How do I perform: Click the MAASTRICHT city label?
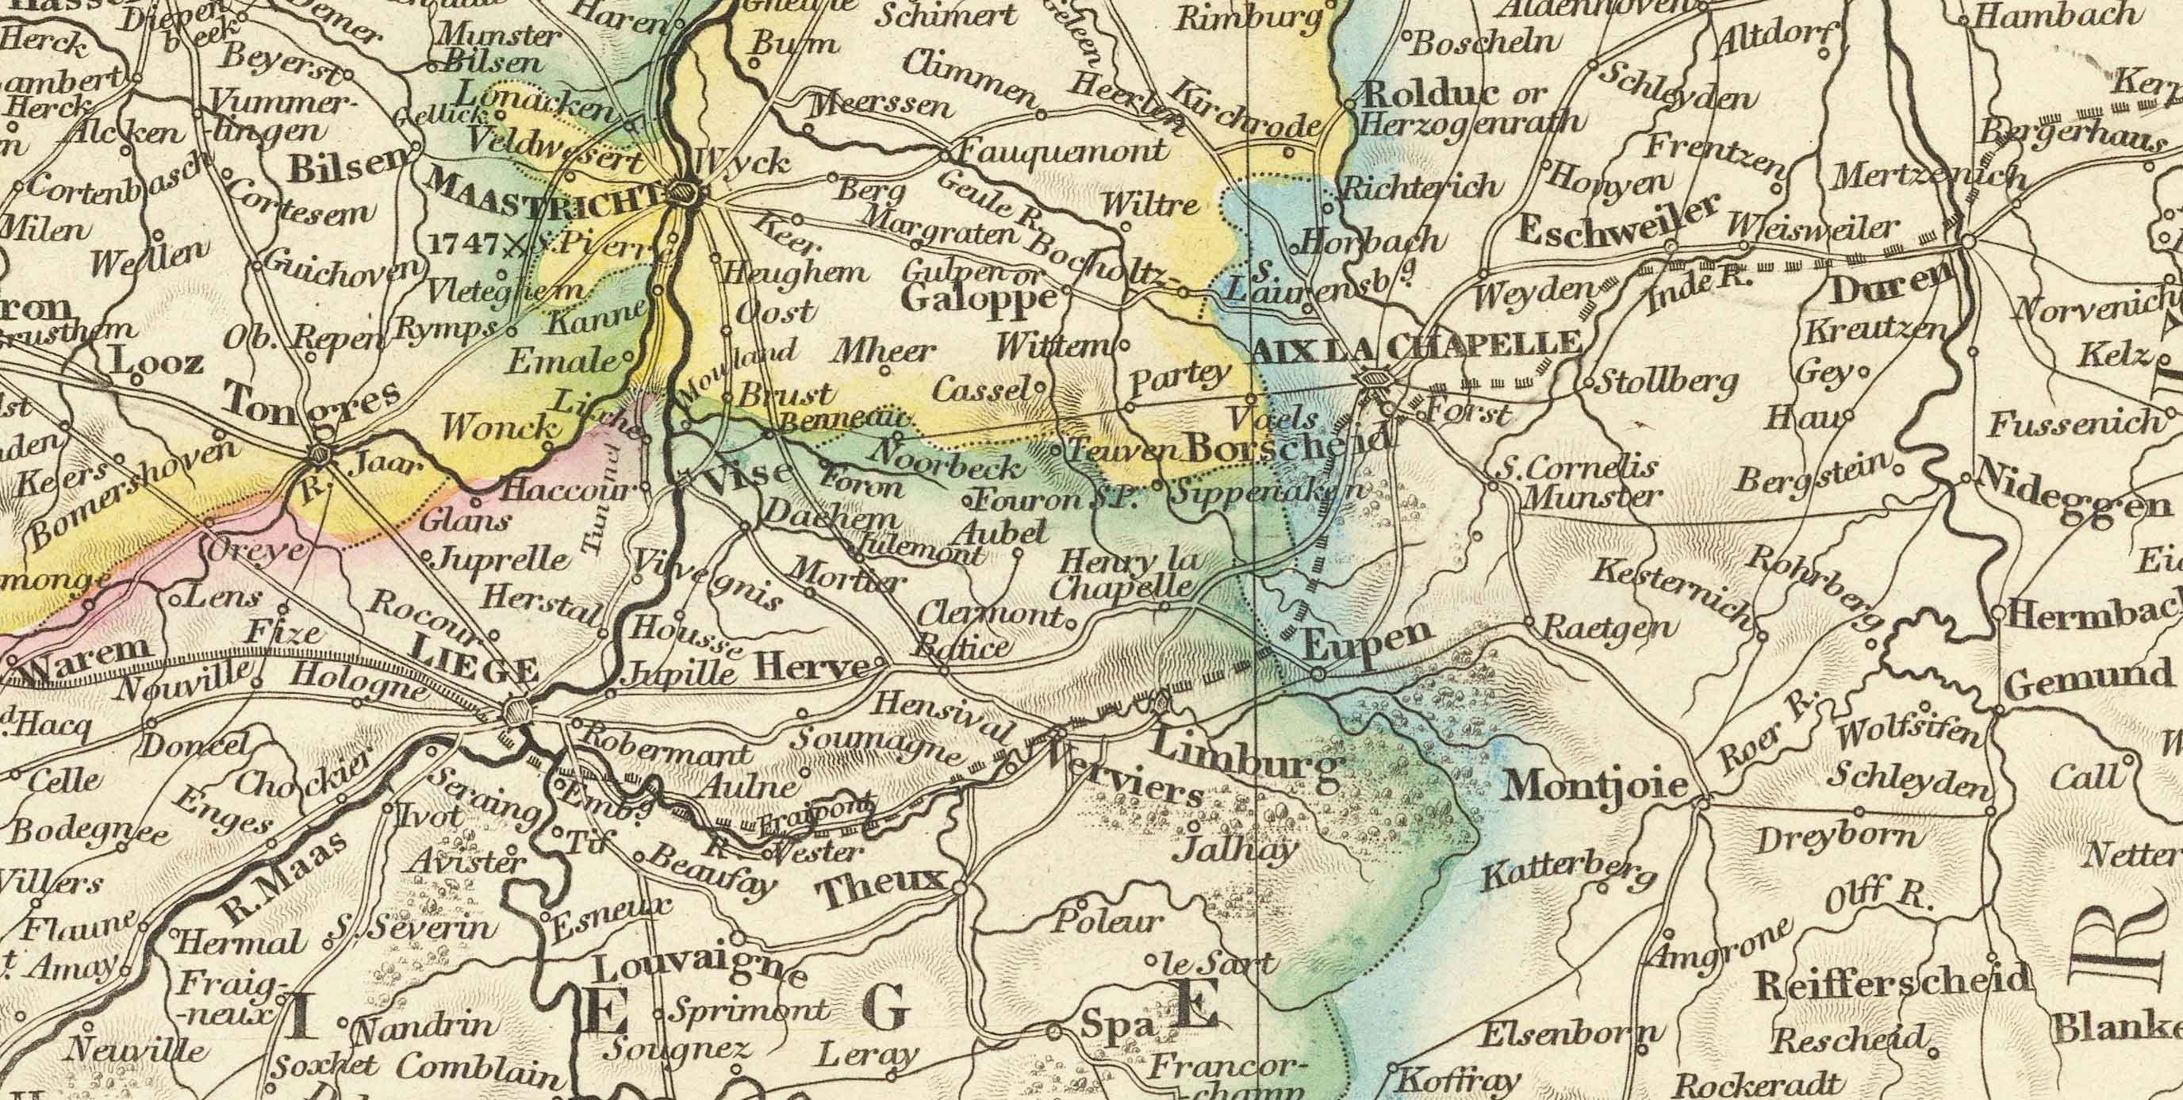click(543, 191)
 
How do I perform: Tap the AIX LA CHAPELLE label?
click(1415, 344)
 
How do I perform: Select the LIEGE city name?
click(474, 671)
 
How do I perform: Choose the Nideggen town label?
click(2072, 500)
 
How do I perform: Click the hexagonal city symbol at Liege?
click(516, 710)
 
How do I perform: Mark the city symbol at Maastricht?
click(683, 194)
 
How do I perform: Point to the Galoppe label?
click(980, 297)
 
